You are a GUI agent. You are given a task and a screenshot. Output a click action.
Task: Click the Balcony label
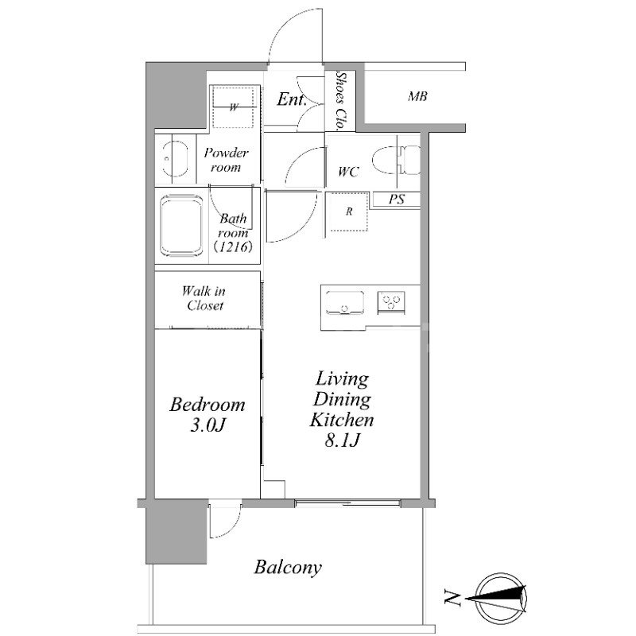(x=288, y=568)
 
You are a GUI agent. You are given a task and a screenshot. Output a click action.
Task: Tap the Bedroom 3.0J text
(x=207, y=415)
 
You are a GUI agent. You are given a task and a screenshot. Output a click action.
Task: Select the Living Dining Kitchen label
(x=342, y=409)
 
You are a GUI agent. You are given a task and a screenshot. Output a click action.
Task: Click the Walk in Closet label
(x=204, y=297)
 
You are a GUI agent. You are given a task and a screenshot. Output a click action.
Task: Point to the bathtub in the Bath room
(x=181, y=226)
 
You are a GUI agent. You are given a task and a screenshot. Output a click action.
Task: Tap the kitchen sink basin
(x=345, y=302)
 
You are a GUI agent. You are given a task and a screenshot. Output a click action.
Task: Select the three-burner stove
(x=391, y=302)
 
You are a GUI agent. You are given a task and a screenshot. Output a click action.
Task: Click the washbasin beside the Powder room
(x=175, y=159)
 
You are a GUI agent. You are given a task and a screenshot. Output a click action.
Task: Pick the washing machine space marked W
(x=235, y=107)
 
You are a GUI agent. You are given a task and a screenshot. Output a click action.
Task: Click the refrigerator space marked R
(x=348, y=211)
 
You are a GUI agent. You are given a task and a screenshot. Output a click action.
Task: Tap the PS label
(x=396, y=200)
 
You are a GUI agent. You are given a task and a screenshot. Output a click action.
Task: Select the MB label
(x=417, y=96)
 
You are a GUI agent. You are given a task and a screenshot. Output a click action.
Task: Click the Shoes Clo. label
(x=341, y=101)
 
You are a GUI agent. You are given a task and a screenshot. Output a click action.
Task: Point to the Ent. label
(x=291, y=99)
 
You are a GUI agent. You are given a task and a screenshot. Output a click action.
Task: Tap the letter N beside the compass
(x=452, y=599)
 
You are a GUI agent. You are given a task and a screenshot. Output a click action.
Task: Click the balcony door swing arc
(x=231, y=527)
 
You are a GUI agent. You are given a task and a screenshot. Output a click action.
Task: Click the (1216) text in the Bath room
(x=233, y=246)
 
